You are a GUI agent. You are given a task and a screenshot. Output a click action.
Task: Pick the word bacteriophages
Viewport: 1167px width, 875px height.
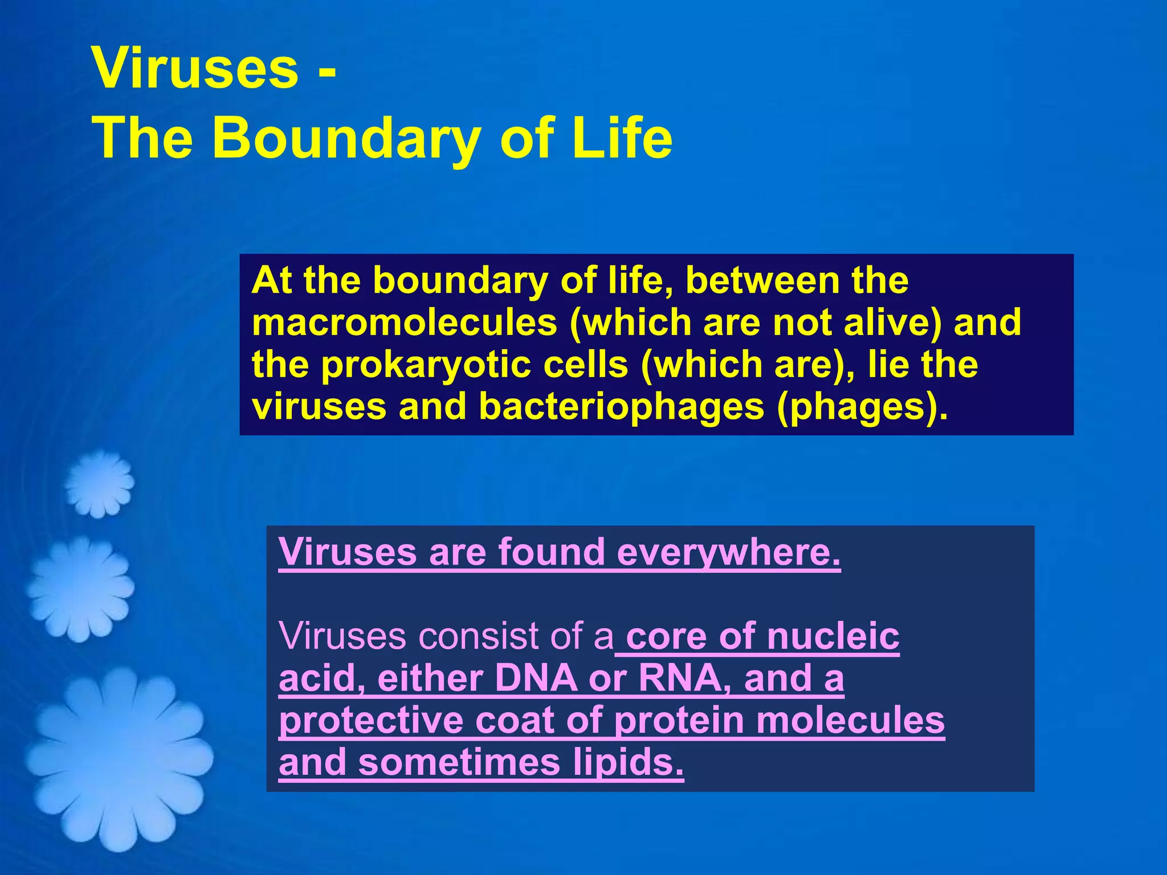point(621,407)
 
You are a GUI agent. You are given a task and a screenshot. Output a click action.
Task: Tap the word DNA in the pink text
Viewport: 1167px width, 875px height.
point(536,678)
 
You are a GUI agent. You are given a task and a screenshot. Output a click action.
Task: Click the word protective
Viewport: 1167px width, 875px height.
point(371,721)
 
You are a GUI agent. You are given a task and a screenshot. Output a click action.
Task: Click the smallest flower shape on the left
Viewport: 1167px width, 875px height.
point(99,484)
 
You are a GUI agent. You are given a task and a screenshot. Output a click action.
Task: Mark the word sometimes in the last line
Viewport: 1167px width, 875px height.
point(459,763)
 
